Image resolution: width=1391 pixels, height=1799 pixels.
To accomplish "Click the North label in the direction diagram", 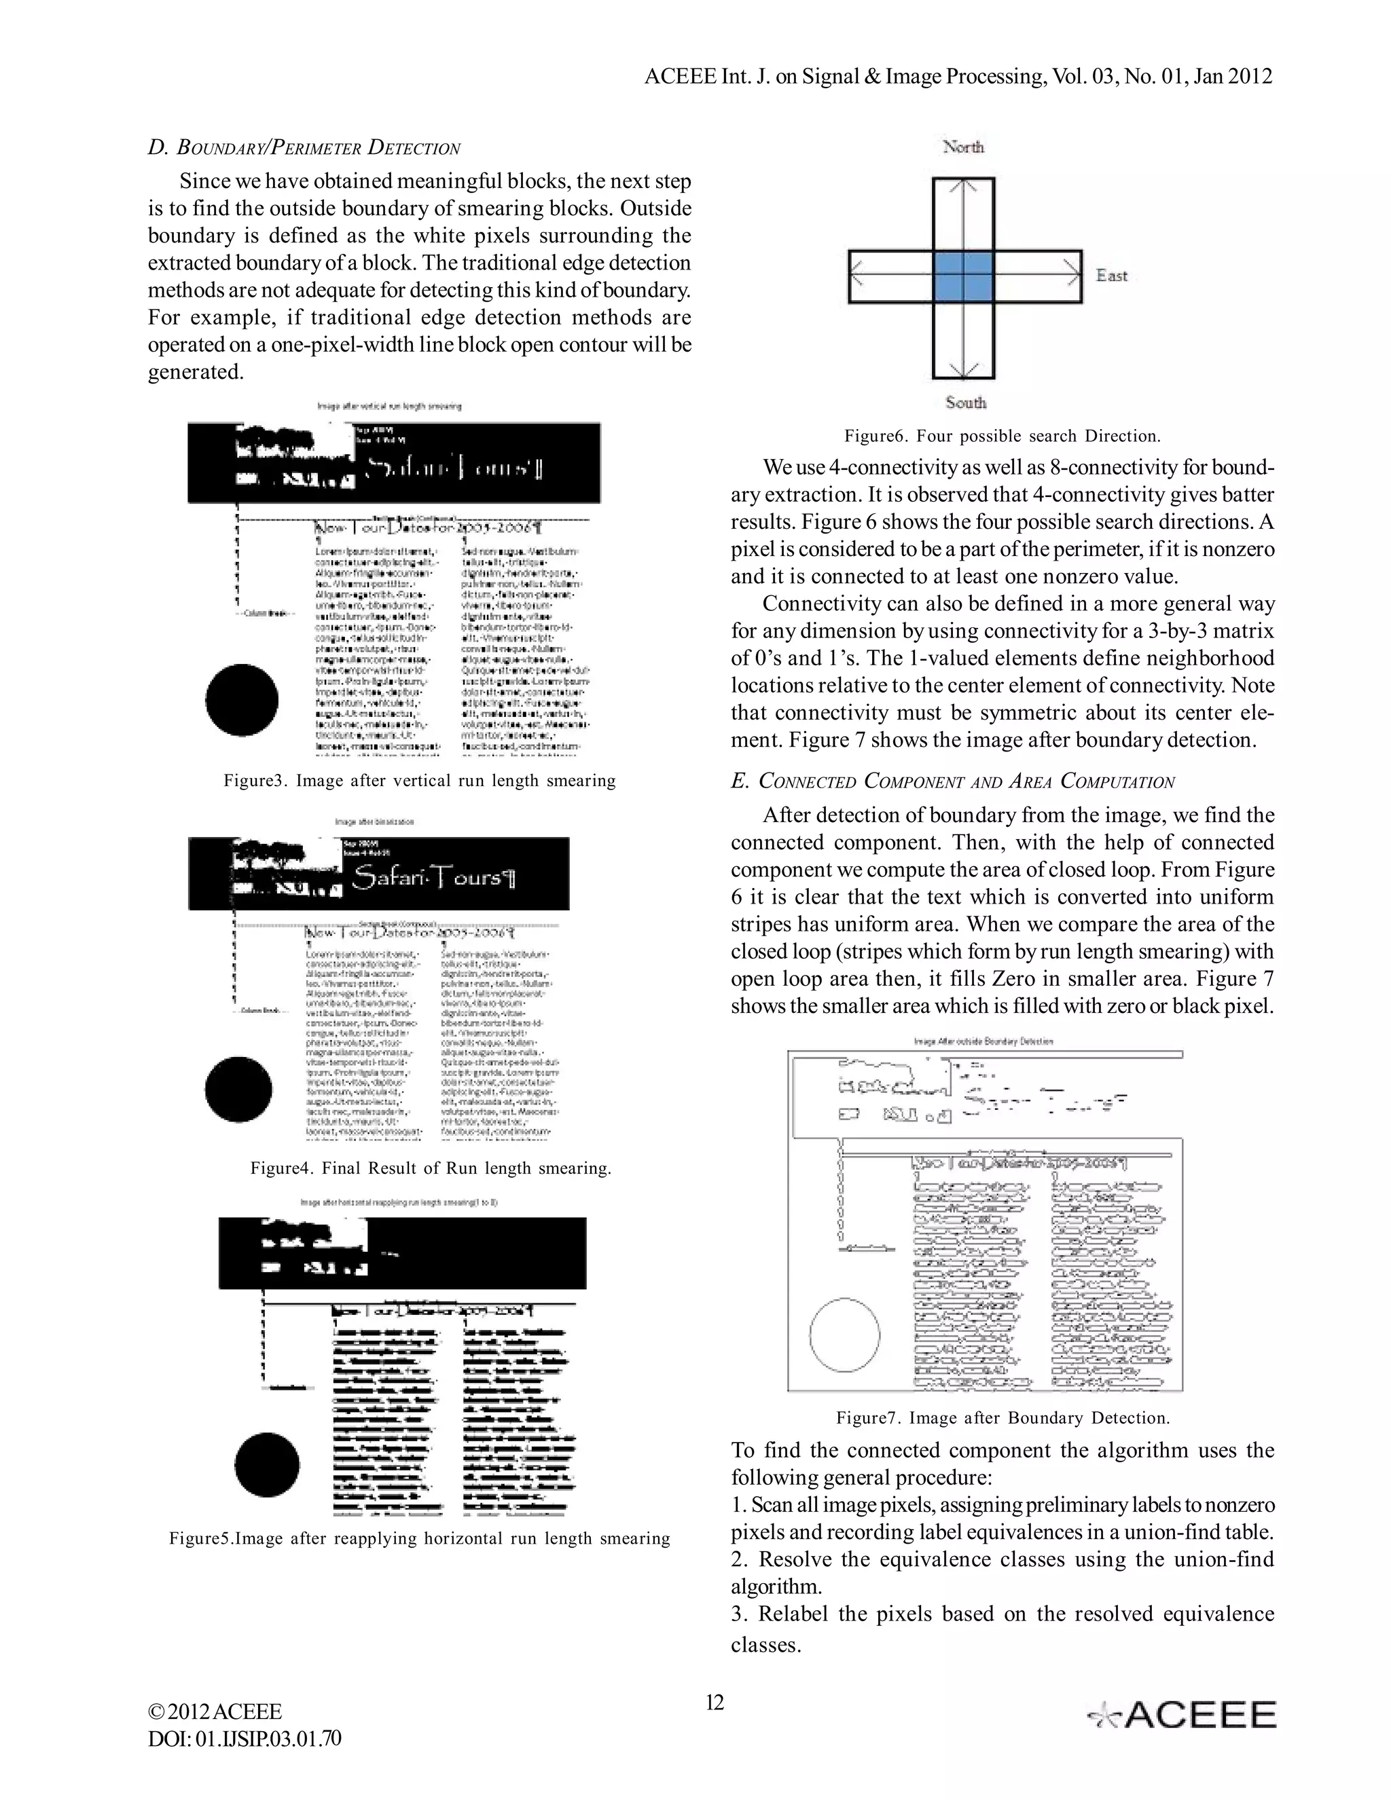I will click(963, 147).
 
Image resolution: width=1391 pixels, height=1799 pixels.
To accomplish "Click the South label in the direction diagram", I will click(965, 403).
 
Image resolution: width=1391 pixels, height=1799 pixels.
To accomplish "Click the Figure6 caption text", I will click(1001, 436).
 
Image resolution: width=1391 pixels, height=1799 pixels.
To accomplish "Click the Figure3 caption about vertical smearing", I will click(420, 780).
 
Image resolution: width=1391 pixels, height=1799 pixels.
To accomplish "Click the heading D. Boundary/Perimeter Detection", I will click(304, 148).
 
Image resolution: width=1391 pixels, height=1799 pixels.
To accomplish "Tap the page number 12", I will click(715, 1703).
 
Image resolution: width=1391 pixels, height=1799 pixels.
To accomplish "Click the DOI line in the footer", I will click(244, 1739).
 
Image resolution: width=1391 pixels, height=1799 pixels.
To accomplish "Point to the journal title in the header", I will click(958, 77).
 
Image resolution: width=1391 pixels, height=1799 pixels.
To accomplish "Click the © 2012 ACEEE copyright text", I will click(215, 1711).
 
